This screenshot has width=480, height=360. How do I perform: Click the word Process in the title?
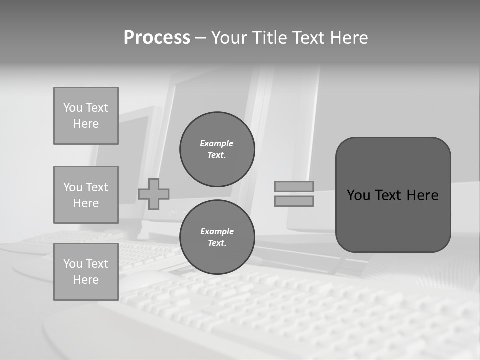157,38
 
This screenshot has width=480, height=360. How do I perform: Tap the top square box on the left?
86,116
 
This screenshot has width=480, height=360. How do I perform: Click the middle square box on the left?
86,195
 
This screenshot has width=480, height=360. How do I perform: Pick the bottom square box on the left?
86,272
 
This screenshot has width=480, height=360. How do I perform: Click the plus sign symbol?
154,194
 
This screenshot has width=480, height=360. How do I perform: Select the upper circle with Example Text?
217,149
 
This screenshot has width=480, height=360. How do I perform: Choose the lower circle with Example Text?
217,237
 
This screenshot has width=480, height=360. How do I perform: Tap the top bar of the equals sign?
294,186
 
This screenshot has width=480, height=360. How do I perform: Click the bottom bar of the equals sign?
294,201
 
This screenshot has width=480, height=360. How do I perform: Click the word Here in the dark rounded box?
422,195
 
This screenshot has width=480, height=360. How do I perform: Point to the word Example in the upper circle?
217,143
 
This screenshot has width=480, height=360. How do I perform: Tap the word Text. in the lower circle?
217,243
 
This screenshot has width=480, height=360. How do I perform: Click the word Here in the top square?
86,124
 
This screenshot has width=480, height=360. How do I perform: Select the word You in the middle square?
72,187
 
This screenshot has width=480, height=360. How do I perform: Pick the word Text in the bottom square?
97,264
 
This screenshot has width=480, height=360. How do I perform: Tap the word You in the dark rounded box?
358,195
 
